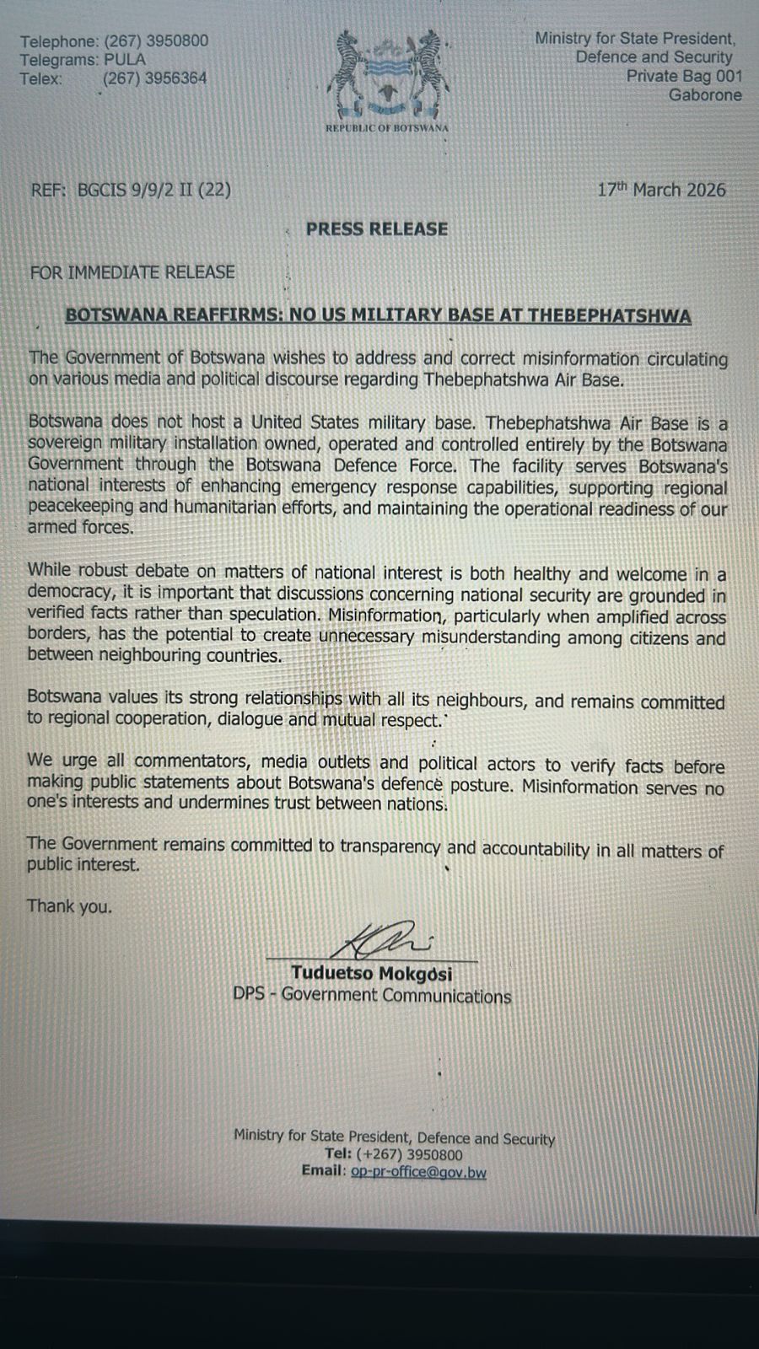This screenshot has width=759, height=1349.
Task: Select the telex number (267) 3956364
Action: pos(154,78)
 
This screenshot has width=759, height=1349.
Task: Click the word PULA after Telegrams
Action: pos(125,59)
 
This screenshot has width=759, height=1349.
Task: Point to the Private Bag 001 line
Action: pos(684,76)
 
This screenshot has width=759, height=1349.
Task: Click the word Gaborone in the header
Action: pos(705,94)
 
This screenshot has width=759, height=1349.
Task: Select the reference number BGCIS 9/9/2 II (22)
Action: pos(153,190)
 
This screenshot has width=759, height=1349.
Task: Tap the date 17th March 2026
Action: pos(661,190)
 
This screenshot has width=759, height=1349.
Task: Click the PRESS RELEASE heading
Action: pos(377,229)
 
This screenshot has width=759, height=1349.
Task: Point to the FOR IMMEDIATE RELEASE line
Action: pos(132,272)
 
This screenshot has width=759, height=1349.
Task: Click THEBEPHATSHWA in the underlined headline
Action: pos(609,316)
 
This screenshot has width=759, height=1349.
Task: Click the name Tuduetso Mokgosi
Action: pos(371,975)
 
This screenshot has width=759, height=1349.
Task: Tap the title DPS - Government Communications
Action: pos(372,996)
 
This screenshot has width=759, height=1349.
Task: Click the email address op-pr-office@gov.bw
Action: pos(418,1172)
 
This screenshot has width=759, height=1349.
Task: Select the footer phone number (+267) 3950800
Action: pos(410,1155)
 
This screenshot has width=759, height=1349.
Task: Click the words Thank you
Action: pos(69,907)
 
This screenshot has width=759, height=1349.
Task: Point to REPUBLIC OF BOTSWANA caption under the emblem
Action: pos(387,128)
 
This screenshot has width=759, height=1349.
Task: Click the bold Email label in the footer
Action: pos(323,1171)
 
